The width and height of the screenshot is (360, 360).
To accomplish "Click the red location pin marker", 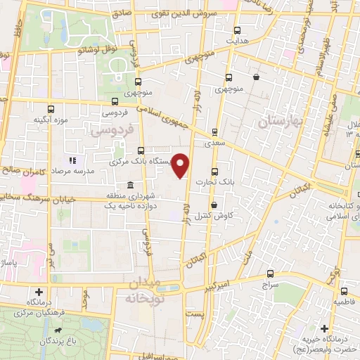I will [181, 165].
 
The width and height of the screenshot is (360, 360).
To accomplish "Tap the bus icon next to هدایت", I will [237, 30].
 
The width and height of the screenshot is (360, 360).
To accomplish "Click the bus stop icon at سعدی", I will [214, 131].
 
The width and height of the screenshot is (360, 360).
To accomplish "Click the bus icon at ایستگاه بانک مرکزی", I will [142, 150].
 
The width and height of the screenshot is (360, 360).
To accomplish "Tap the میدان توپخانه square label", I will [151, 290].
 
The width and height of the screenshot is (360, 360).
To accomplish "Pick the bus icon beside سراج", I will [271, 274].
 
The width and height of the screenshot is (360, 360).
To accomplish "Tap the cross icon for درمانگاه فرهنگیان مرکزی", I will [39, 292].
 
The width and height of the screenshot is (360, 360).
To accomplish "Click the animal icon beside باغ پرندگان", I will [63, 330].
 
